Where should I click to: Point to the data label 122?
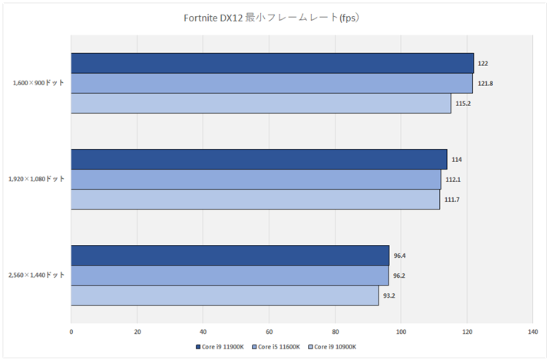pyautogui.click(x=483, y=64)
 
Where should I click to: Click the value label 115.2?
pyautogui.click(x=462, y=104)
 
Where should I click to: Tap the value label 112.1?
pyautogui.click(x=452, y=180)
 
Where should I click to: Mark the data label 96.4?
pyautogui.click(x=399, y=256)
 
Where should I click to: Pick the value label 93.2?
pyautogui.click(x=389, y=296)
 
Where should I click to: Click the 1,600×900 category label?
pyautogui.click(x=38, y=83)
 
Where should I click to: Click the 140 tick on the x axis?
pyautogui.click(x=532, y=332)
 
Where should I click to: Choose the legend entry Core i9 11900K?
pyautogui.click(x=222, y=347)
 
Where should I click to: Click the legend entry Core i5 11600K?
pyautogui.click(x=277, y=347)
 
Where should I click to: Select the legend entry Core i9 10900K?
pyautogui.click(x=332, y=347)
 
